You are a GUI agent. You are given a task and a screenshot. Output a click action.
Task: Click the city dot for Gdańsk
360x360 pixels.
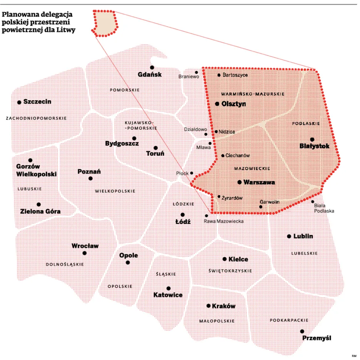point(152,67)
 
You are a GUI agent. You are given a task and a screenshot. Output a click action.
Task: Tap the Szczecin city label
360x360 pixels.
point(37,102)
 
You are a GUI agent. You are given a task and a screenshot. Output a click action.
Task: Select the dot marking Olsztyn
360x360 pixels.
point(217,104)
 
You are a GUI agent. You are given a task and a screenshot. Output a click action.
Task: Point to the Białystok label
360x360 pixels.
point(315,146)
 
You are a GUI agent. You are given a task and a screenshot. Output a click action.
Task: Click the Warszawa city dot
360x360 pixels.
point(240,182)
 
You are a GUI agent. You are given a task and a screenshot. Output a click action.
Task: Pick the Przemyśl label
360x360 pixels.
point(317,338)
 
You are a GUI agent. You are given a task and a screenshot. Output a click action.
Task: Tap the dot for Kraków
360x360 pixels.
point(208,306)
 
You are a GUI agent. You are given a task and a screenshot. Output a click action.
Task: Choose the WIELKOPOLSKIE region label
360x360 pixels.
point(115,191)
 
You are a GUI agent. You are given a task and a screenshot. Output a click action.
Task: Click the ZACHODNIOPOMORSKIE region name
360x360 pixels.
point(37,118)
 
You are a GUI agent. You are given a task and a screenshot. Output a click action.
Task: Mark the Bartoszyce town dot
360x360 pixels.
point(219,75)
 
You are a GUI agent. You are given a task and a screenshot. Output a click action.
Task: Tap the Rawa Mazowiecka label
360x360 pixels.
point(224,221)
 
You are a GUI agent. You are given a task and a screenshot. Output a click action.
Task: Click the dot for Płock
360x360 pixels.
point(192,173)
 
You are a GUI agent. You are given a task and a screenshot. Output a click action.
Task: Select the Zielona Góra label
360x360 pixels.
point(40,212)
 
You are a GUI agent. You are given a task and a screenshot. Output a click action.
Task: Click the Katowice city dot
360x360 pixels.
point(168,288)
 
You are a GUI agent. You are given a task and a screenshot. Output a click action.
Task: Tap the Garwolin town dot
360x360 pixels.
point(261,207)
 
